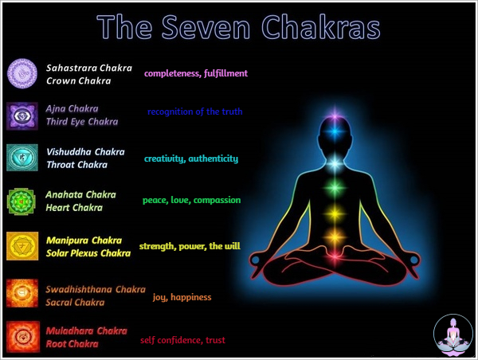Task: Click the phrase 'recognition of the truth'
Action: pyautogui.click(x=194, y=112)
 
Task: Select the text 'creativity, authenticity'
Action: pyautogui.click(x=191, y=158)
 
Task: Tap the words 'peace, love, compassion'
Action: pyautogui.click(x=191, y=200)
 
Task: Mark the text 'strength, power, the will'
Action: pyautogui.click(x=190, y=246)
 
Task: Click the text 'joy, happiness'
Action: pyautogui.click(x=182, y=297)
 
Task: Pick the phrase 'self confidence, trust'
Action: pyautogui.click(x=182, y=340)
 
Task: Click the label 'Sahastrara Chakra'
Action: pyautogui.click(x=88, y=68)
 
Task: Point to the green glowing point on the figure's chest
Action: pyautogui.click(x=335, y=191)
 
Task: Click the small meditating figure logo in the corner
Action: pyautogui.click(x=453, y=335)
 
